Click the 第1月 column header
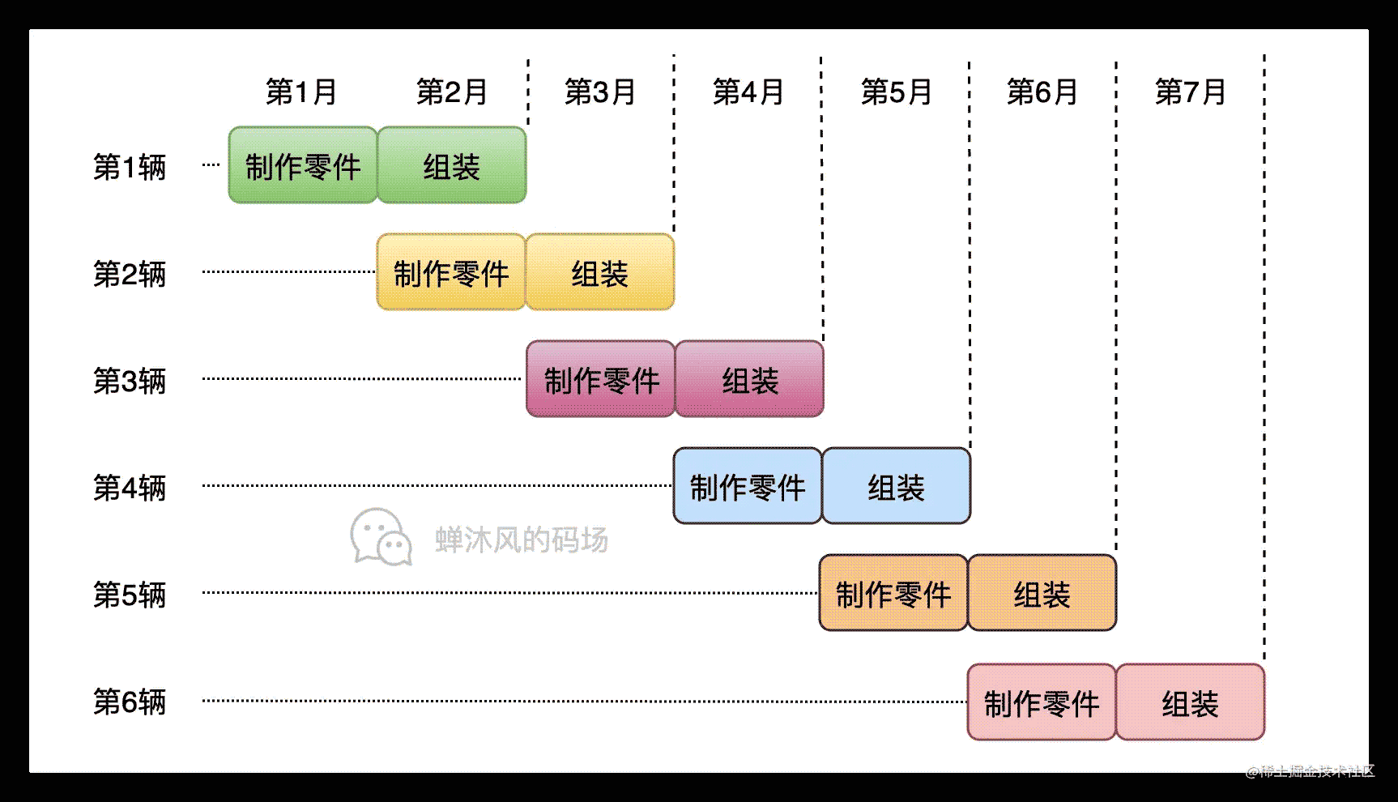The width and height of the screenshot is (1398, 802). click(301, 92)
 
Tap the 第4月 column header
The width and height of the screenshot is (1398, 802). click(748, 92)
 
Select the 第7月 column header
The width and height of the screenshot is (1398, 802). click(1190, 92)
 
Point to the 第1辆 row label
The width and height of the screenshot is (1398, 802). click(130, 167)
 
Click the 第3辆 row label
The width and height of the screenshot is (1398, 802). click(130, 381)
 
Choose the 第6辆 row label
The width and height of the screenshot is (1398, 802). click(130, 702)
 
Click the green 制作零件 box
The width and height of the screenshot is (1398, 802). click(303, 165)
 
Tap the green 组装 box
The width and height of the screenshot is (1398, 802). click(452, 165)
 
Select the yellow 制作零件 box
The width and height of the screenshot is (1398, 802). click(451, 272)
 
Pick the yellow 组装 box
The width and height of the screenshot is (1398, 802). click(600, 272)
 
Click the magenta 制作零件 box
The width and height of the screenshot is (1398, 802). click(601, 379)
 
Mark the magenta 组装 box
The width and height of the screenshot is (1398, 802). click(749, 379)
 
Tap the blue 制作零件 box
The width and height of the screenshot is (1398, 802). click(748, 486)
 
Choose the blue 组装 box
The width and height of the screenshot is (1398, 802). click(897, 486)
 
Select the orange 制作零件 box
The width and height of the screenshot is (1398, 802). click(893, 593)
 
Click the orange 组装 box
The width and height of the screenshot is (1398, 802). click(1042, 593)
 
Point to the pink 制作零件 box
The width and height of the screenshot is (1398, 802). click(1042, 702)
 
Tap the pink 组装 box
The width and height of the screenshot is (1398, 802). click(1191, 702)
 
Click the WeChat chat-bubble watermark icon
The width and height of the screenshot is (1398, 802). click(381, 537)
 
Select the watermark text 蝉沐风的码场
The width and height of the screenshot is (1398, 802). click(522, 540)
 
